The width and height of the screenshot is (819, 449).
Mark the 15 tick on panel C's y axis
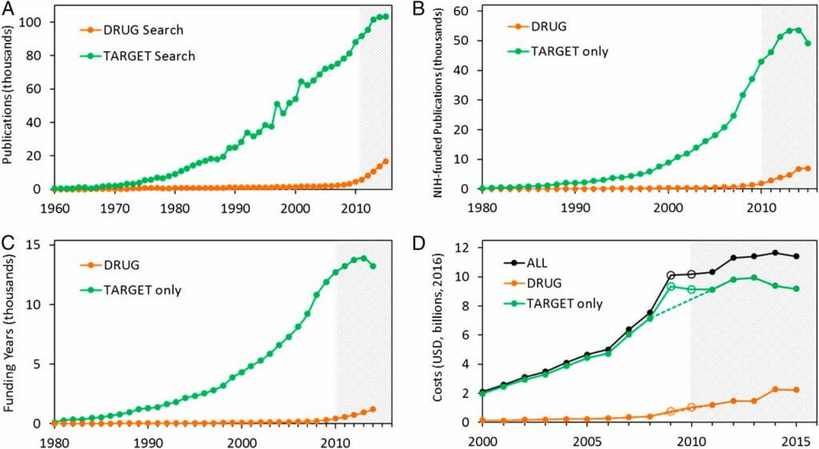coord(39,246)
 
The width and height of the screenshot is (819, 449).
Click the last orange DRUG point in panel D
coord(794,390)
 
